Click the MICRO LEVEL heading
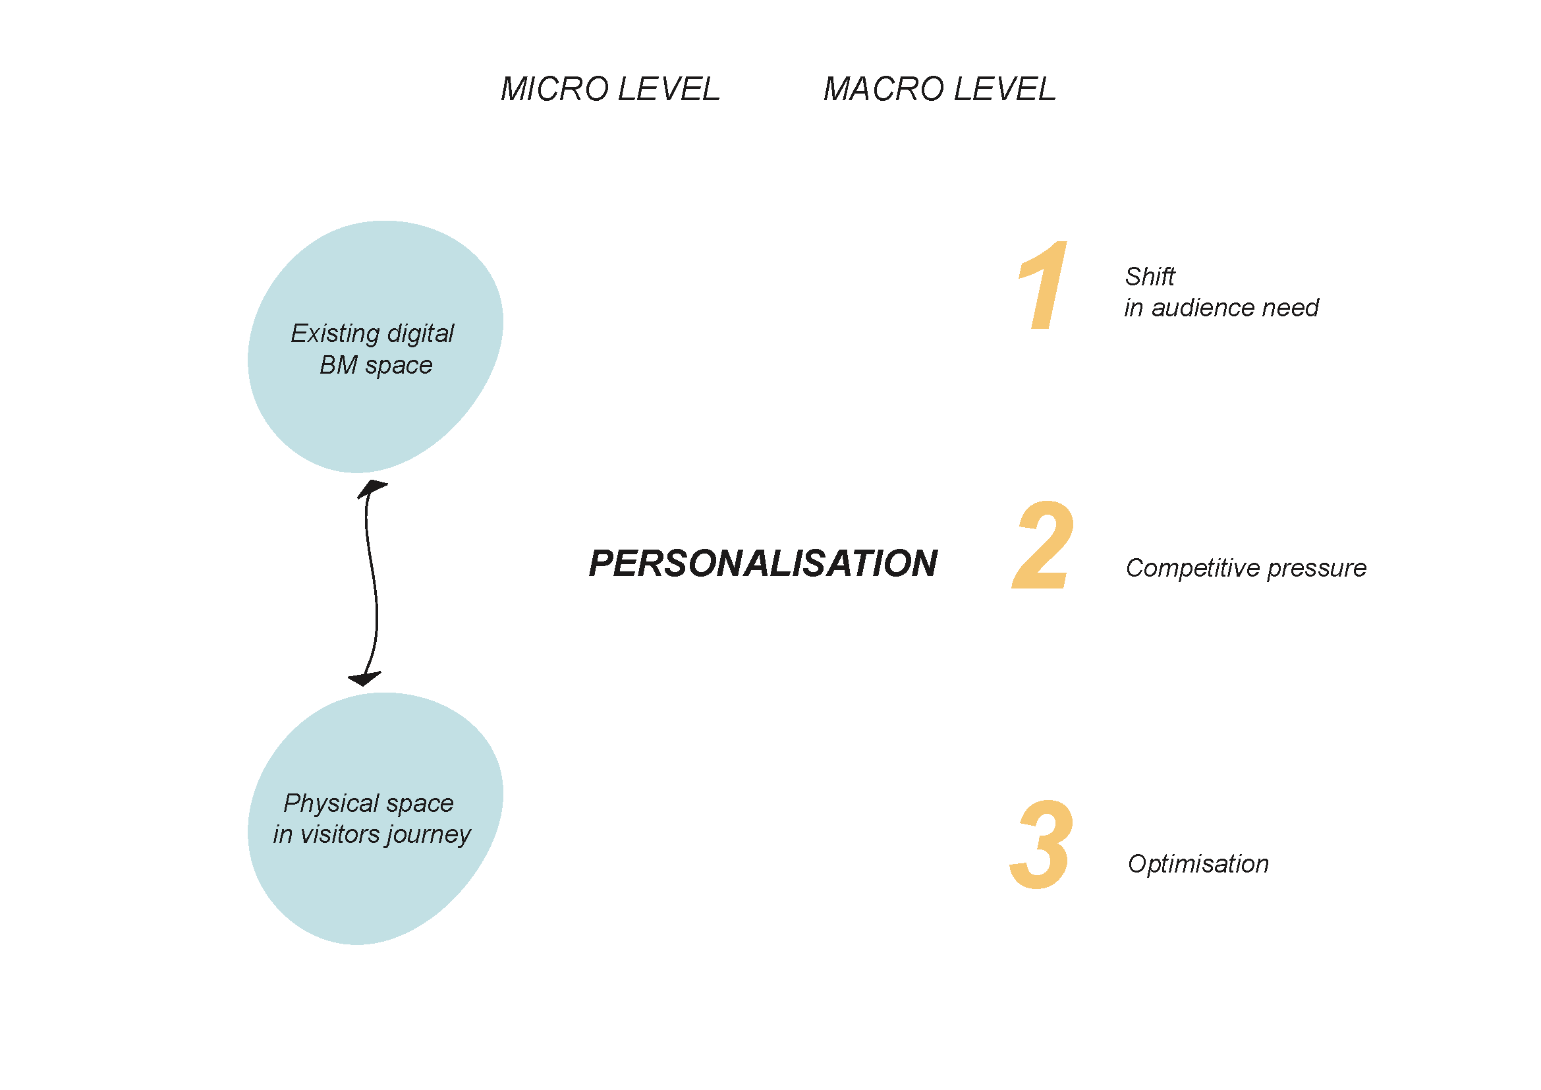(609, 89)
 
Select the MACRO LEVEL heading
(939, 89)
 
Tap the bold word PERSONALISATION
(762, 563)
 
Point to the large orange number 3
(1041, 844)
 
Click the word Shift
(1150, 277)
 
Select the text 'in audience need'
(1221, 308)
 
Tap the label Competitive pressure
(1246, 569)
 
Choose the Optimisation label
(1198, 864)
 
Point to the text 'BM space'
(376, 365)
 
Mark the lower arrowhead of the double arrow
(364, 679)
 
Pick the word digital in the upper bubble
(421, 333)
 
